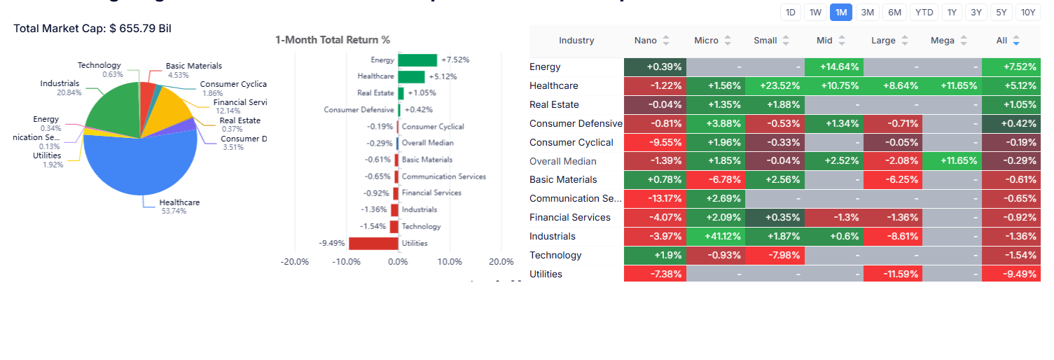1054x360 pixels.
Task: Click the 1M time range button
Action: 840,12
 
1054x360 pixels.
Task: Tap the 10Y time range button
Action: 1027,12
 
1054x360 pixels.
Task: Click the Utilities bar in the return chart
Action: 373,243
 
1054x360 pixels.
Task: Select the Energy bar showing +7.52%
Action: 417,60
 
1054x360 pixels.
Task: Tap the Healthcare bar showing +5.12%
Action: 411,76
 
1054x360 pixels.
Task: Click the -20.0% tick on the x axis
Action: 294,262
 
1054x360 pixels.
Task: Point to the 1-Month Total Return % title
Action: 333,40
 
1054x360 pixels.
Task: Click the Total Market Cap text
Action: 92,29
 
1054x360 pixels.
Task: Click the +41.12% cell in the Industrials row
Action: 716,236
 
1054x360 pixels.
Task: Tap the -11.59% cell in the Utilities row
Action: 894,274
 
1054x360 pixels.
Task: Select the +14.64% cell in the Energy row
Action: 834,67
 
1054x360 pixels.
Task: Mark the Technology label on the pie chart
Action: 99,66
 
